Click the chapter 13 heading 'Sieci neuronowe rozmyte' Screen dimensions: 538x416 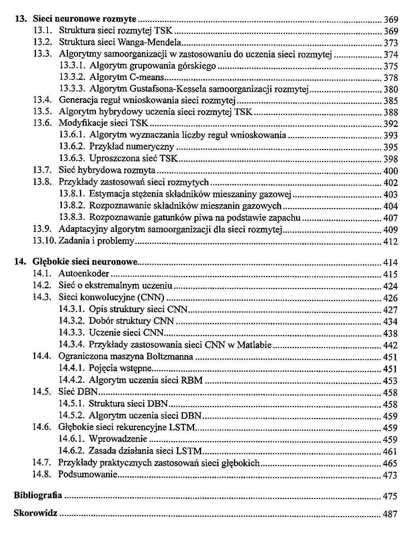tap(84, 19)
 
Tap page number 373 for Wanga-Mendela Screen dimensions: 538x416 tap(390, 43)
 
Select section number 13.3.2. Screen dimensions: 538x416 tap(72, 78)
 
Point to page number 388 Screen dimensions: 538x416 tap(390, 112)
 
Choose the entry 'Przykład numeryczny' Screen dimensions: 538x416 tap(131, 147)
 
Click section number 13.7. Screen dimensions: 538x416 tap(43, 170)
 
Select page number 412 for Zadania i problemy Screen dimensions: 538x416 tap(390, 242)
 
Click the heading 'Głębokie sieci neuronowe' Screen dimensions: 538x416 tap(85, 262)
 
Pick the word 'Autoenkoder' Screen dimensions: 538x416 tap(84, 274)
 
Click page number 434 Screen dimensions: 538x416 tap(390, 321)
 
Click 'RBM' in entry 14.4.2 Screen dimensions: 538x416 tap(192, 380)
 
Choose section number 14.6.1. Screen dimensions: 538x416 tap(72, 439)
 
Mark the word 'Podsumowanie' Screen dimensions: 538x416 tap(88, 474)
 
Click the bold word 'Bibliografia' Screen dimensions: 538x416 tap(38, 496)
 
